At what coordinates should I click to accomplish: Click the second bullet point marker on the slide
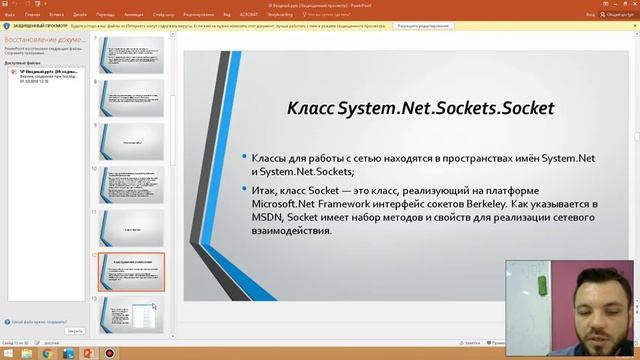click(243, 191)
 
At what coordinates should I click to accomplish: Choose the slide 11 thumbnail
click(131, 226)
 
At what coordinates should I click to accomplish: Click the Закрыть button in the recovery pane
click(75, 330)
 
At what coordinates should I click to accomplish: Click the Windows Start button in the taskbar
click(9, 353)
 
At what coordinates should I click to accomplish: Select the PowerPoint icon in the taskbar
click(87, 353)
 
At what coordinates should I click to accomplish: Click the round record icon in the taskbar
click(109, 353)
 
